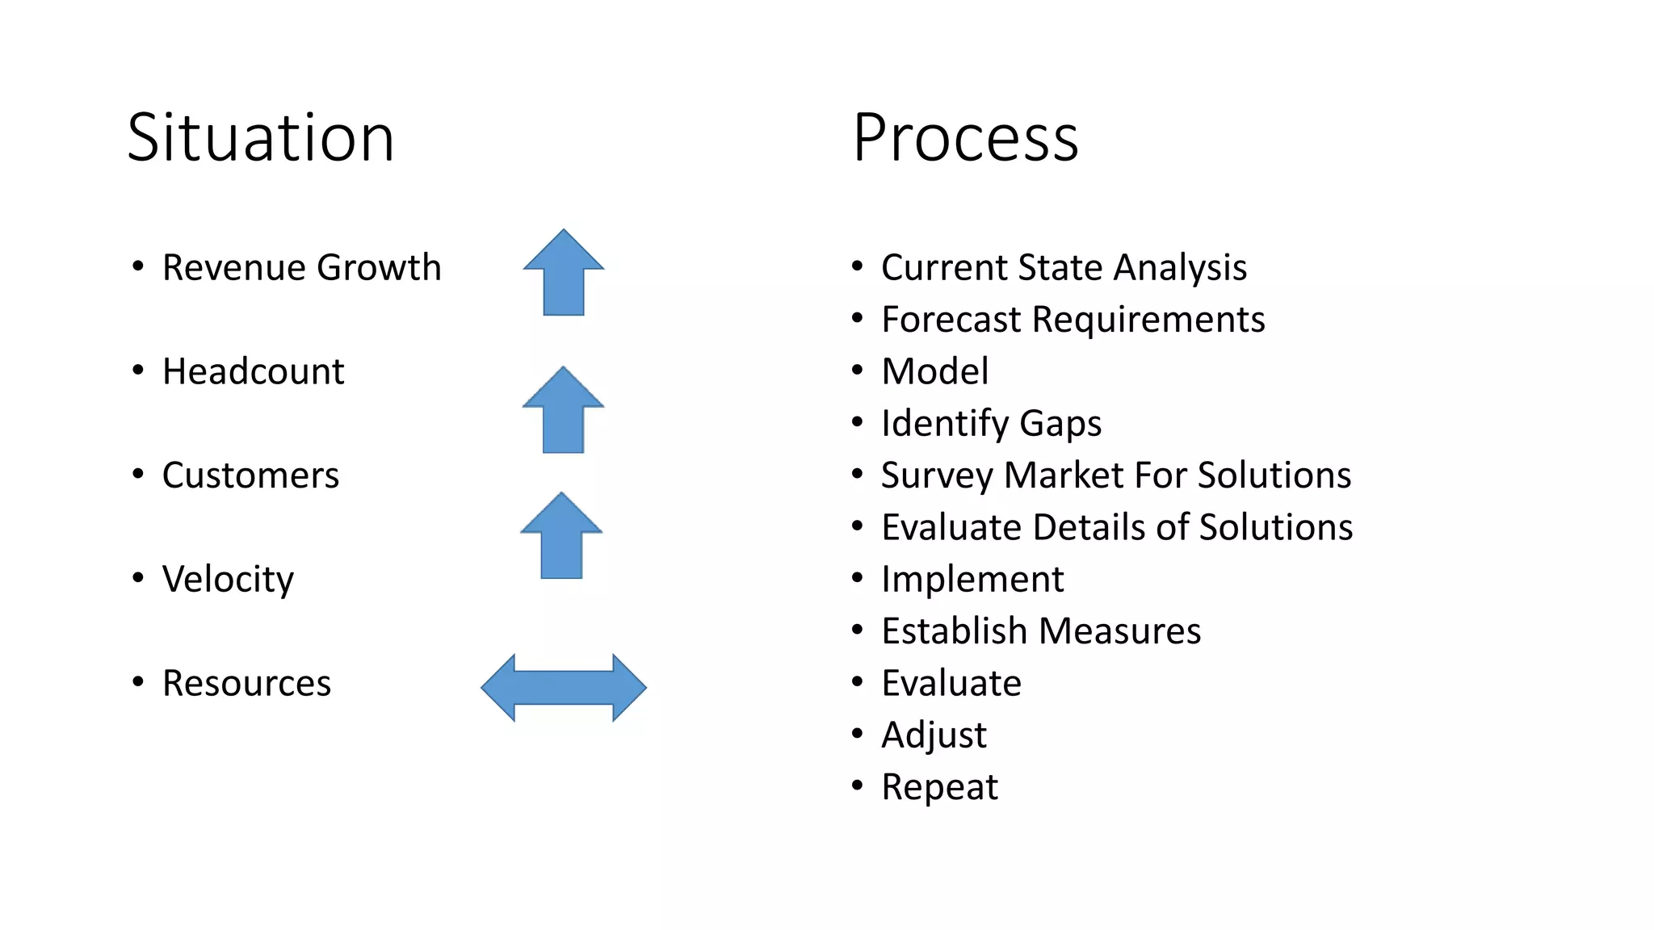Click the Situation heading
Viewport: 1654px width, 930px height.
tap(260, 138)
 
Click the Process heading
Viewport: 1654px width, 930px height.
tap(965, 138)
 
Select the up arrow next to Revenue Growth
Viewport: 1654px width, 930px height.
tap(564, 273)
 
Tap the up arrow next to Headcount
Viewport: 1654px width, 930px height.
tap(563, 410)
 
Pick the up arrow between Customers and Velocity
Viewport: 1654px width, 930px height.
tap(561, 536)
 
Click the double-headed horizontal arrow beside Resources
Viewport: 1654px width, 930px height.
tap(564, 688)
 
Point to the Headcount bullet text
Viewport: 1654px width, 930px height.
tap(253, 371)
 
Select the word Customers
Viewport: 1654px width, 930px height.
tap(250, 475)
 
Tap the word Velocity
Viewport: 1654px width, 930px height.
tap(228, 580)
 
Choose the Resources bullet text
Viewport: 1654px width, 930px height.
tap(246, 683)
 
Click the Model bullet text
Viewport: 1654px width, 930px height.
tap(934, 371)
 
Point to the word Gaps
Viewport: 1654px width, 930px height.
tap(1060, 424)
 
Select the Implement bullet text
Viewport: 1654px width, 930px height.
tap(972, 580)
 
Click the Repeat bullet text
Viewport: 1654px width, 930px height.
tap(939, 787)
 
